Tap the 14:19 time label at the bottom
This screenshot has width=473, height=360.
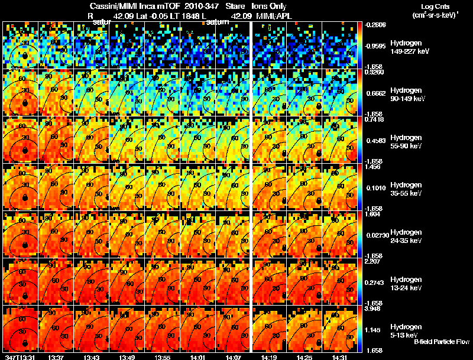click(270, 357)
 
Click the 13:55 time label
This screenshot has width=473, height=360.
click(163, 357)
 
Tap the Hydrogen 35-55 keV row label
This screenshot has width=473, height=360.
click(407, 189)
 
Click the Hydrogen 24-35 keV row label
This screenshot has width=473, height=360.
click(407, 236)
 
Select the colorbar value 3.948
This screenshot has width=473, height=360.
click(371, 309)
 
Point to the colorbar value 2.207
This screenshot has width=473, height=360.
click(371, 261)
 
